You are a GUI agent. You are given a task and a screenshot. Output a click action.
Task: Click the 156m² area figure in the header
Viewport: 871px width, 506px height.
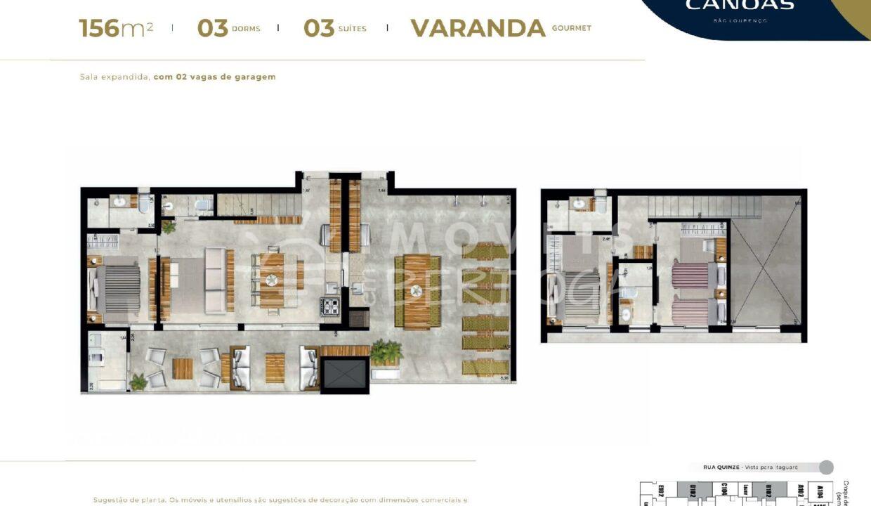click(116, 28)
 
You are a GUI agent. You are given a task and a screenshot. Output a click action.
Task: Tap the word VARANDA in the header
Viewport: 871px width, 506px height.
click(478, 28)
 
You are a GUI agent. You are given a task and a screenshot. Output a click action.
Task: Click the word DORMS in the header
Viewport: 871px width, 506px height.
click(246, 29)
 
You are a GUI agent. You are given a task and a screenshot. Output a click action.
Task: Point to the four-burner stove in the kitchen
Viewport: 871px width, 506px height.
click(330, 306)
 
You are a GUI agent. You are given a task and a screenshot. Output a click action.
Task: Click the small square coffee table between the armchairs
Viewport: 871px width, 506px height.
click(183, 368)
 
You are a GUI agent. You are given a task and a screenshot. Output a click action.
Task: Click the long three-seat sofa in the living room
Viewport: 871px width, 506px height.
click(215, 280)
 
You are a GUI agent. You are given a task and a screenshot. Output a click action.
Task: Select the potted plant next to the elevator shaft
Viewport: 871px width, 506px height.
click(386, 352)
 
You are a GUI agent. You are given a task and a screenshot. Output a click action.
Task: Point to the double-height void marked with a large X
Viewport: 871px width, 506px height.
click(766, 271)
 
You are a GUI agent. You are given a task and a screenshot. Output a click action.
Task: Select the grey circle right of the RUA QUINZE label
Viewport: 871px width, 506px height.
click(826, 467)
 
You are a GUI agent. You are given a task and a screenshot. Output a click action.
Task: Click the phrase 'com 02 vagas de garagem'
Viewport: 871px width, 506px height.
click(214, 77)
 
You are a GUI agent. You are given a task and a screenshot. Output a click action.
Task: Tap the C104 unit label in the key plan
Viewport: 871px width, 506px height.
click(723, 490)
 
